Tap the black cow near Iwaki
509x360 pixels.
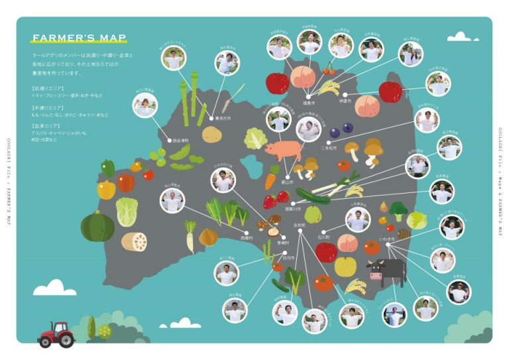click(388, 270)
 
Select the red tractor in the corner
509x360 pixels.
click(56, 333)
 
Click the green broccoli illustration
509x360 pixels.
click(398, 210)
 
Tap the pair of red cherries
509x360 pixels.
click(329, 68)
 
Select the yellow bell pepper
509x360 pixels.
click(106, 190)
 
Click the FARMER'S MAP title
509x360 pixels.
click(79, 38)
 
